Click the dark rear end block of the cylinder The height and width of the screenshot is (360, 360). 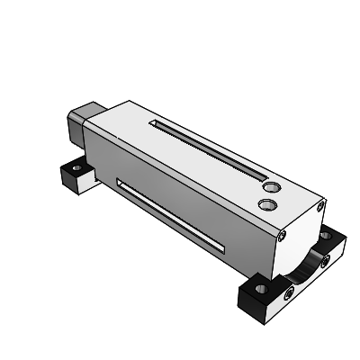pyautogui.click(x=76, y=126)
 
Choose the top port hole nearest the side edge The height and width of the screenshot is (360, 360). pyautogui.click(x=265, y=205)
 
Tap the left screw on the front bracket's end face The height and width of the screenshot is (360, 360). pyautogui.click(x=287, y=292)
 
